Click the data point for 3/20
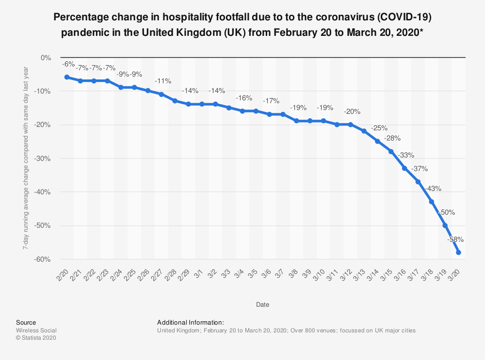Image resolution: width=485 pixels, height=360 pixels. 458,252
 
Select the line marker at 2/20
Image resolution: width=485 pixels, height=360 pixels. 67,77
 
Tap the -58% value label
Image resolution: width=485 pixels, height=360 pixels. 455,239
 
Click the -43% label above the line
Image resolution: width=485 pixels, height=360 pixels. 433,188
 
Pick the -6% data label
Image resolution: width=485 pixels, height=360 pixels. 67,63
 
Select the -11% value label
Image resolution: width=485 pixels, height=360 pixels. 163,81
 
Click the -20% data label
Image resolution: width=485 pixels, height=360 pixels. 352,111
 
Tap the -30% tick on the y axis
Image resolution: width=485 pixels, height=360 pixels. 43,158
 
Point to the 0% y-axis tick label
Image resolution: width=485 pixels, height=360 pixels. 46,58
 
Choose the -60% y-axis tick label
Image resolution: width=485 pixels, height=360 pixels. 43,260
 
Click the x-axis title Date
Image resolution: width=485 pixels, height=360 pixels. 262,305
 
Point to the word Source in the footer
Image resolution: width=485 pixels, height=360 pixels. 26,322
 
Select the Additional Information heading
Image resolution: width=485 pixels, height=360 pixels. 191,322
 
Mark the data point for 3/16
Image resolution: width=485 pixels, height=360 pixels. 404,168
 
